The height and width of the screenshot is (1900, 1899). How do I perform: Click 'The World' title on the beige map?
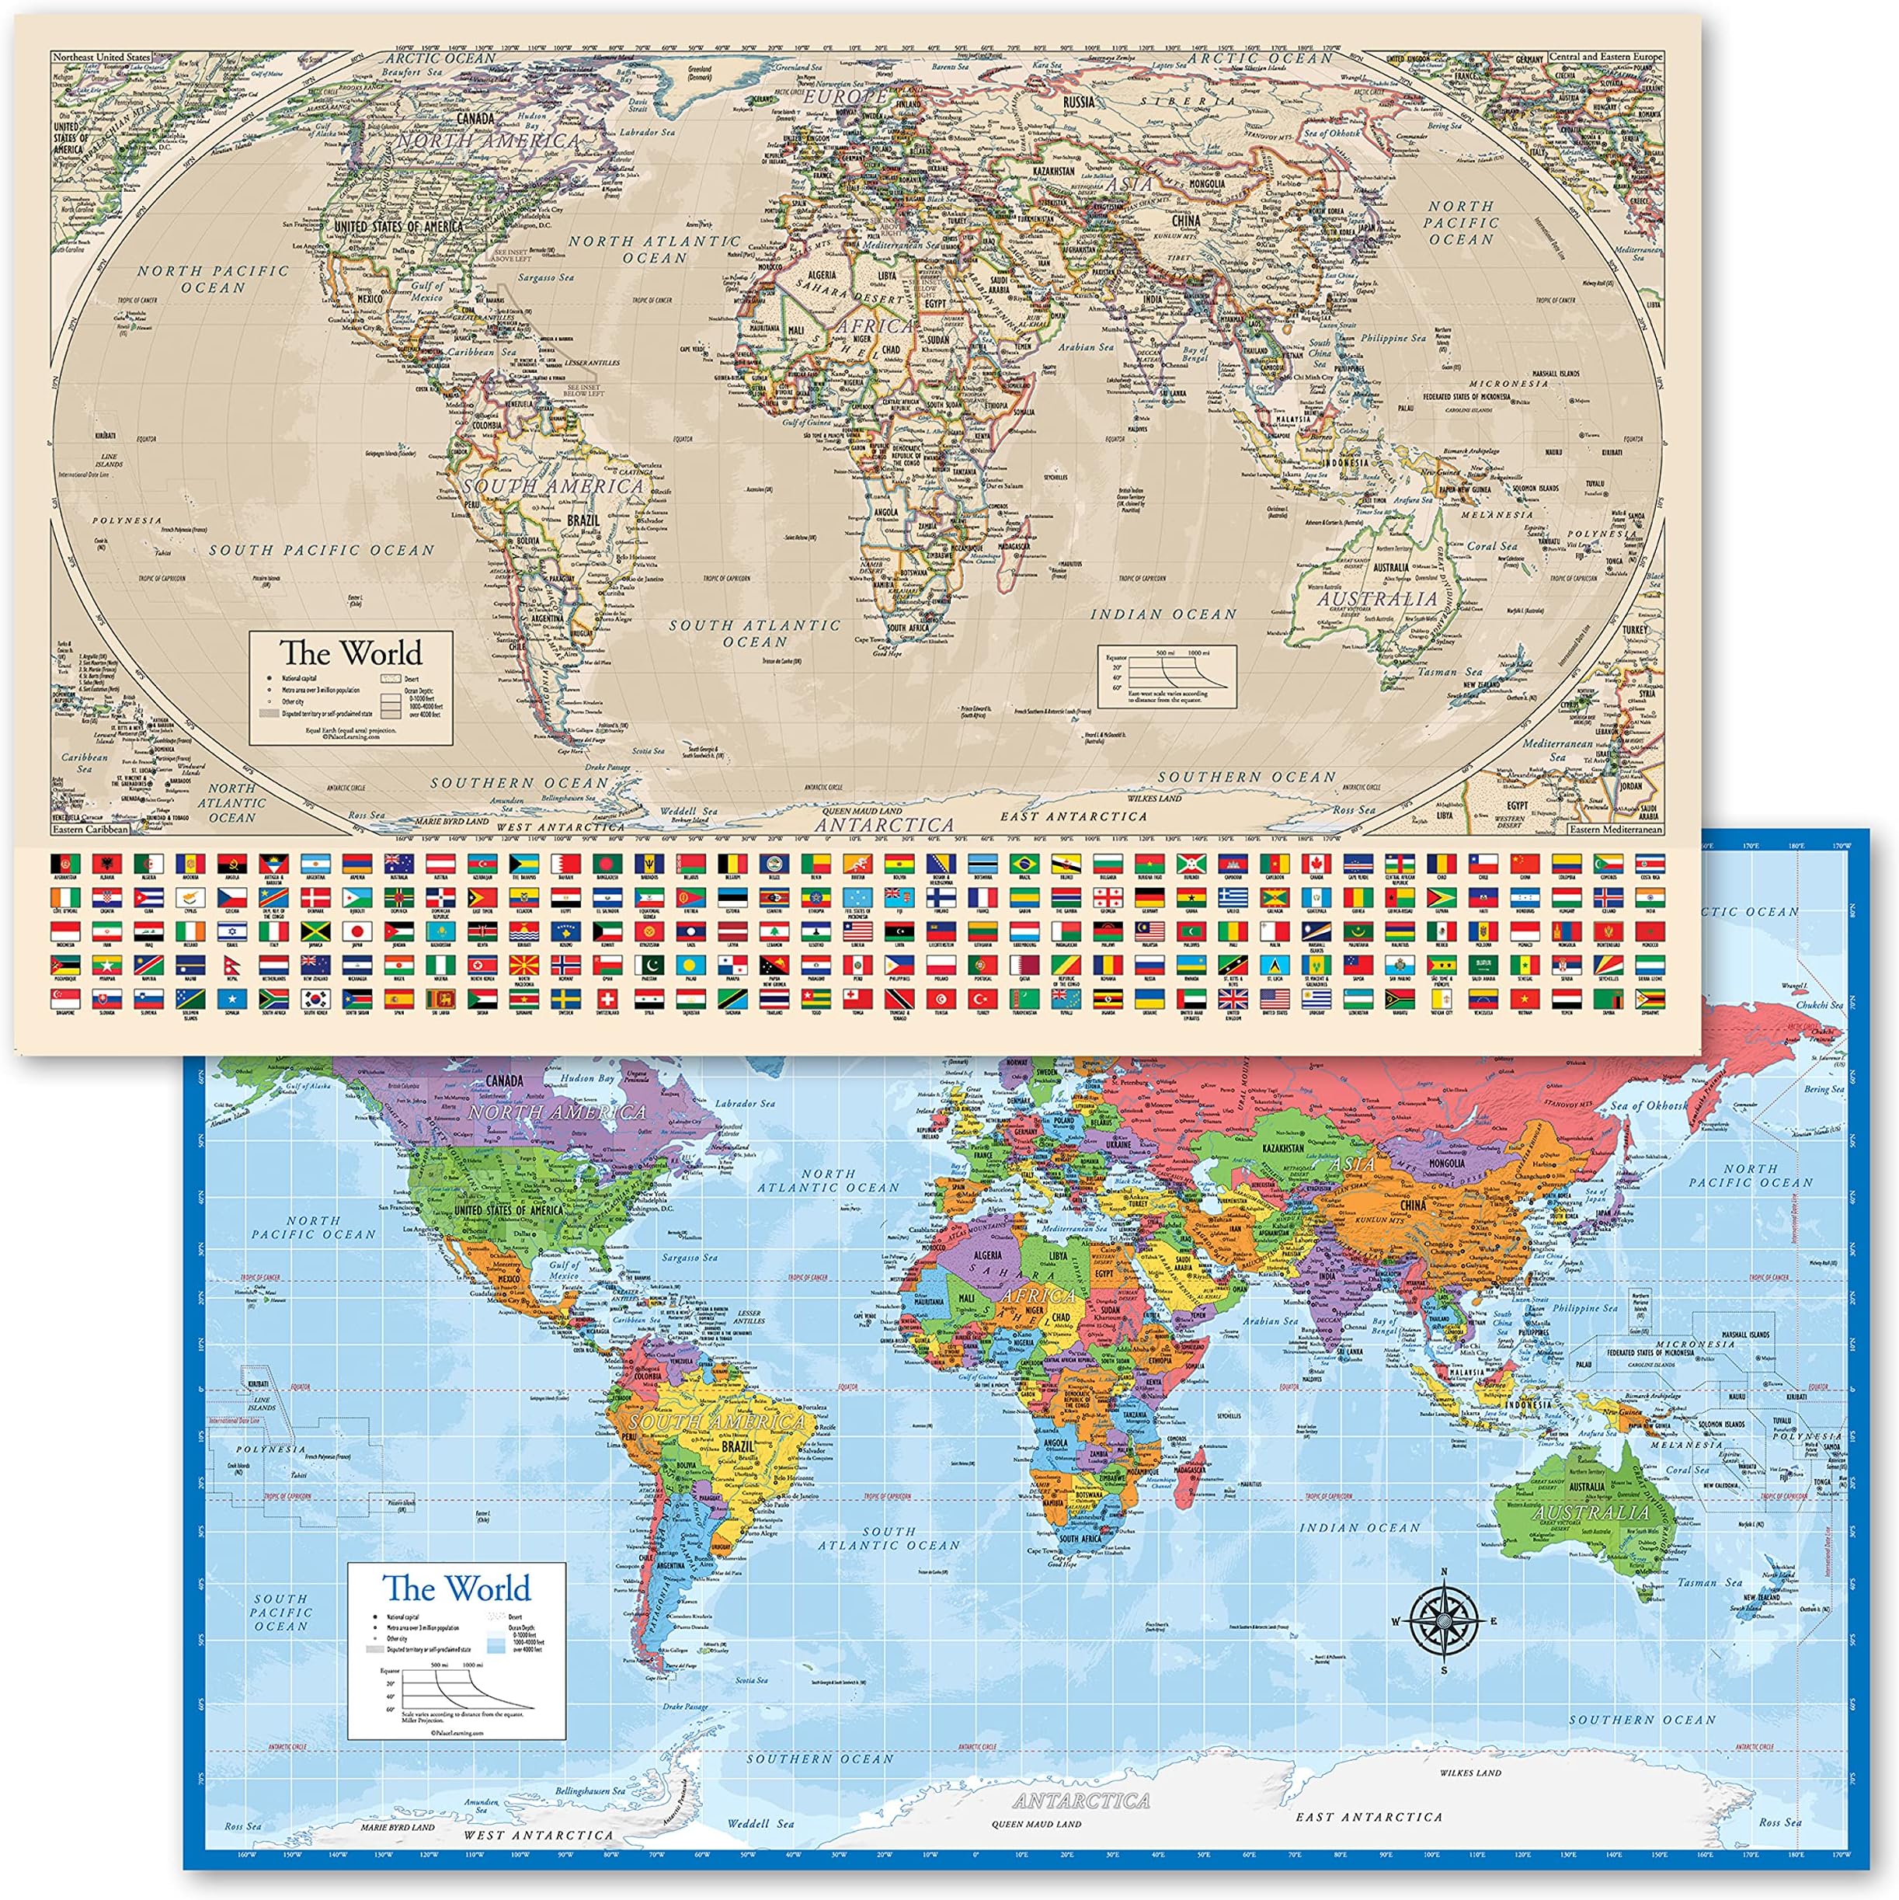350,653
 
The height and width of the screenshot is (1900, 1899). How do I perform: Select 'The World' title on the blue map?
457,1589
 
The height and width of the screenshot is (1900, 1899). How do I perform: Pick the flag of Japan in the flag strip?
358,931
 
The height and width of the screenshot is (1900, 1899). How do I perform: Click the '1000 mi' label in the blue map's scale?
444,1665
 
